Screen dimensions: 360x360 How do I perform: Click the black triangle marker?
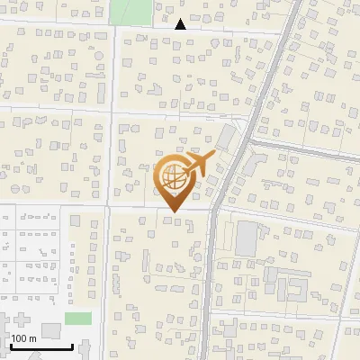pyautogui.click(x=181, y=24)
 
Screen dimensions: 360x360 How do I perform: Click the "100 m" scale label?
pyautogui.click(x=24, y=337)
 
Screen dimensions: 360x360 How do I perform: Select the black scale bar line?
pyautogui.click(x=41, y=346)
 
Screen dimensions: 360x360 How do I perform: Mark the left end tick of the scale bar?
pyautogui.click(x=11, y=345)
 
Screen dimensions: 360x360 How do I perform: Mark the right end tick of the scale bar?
pyautogui.click(x=72, y=345)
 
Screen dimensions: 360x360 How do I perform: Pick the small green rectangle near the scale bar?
pyautogui.click(x=78, y=319)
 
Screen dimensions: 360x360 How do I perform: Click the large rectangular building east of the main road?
pyautogui.click(x=247, y=238)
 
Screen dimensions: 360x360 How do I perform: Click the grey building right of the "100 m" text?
pyautogui.click(x=51, y=330)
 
